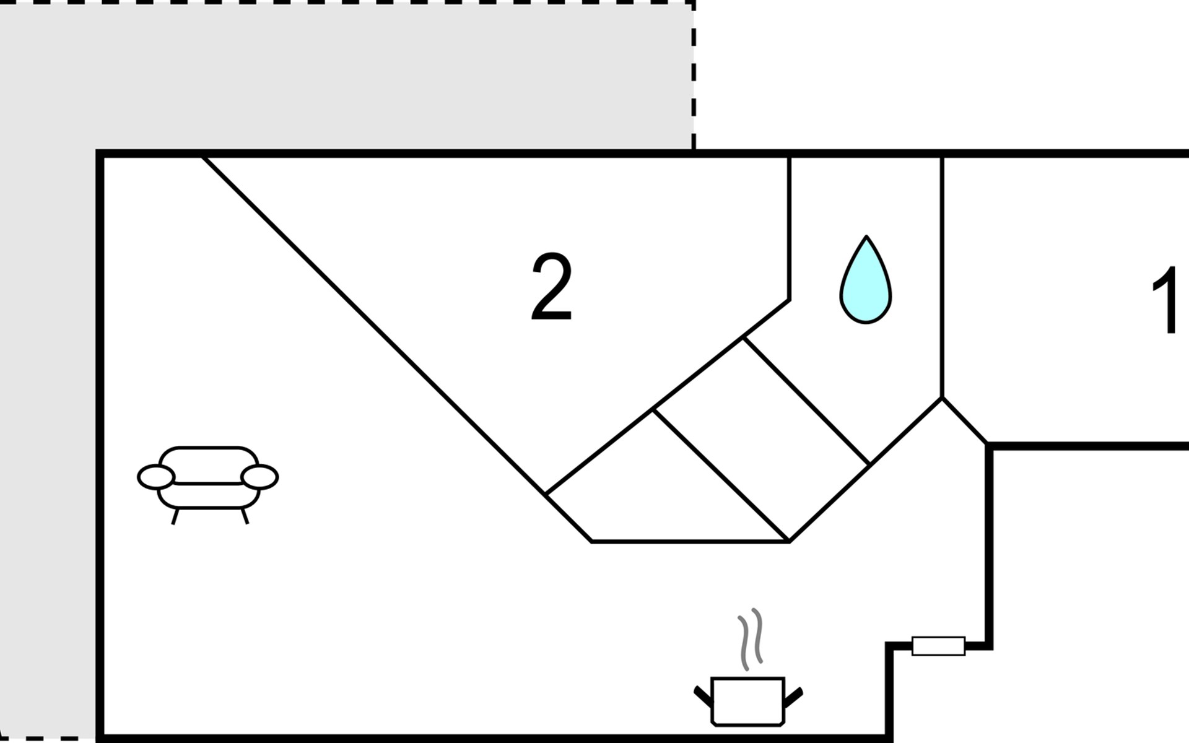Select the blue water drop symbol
click(x=866, y=279)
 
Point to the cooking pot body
click(x=748, y=701)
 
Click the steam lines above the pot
click(x=750, y=639)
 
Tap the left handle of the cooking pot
click(x=703, y=696)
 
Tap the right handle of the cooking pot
click(x=793, y=696)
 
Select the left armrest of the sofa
click(x=155, y=477)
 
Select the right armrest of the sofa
click(x=259, y=477)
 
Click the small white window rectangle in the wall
click(x=938, y=646)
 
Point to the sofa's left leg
click(x=176, y=516)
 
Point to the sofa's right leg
click(x=245, y=516)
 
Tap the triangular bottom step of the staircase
click(x=656, y=489)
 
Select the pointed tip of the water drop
click(x=866, y=236)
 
